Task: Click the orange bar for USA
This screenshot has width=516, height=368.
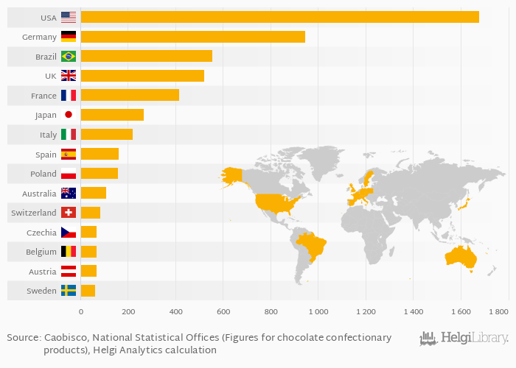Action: (x=279, y=17)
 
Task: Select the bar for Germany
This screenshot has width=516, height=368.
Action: (x=192, y=36)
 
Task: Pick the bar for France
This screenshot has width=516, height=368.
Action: (x=130, y=95)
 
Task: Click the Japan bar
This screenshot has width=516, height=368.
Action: (x=112, y=115)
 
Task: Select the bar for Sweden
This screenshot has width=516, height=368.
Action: (x=88, y=291)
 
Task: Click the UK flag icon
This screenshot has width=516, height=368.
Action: (x=69, y=76)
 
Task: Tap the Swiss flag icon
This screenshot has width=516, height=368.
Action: (x=69, y=213)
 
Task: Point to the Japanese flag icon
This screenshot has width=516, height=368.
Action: (x=69, y=115)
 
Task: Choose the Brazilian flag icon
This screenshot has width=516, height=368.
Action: (x=69, y=56)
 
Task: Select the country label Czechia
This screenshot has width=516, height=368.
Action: (x=41, y=233)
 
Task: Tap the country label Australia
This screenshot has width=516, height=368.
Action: (x=39, y=194)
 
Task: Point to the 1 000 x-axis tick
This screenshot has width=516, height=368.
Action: (x=318, y=312)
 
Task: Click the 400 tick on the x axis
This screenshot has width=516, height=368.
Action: (x=175, y=312)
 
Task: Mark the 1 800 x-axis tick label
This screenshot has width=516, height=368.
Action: (x=498, y=312)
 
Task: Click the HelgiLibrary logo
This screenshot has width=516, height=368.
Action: (x=464, y=339)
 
